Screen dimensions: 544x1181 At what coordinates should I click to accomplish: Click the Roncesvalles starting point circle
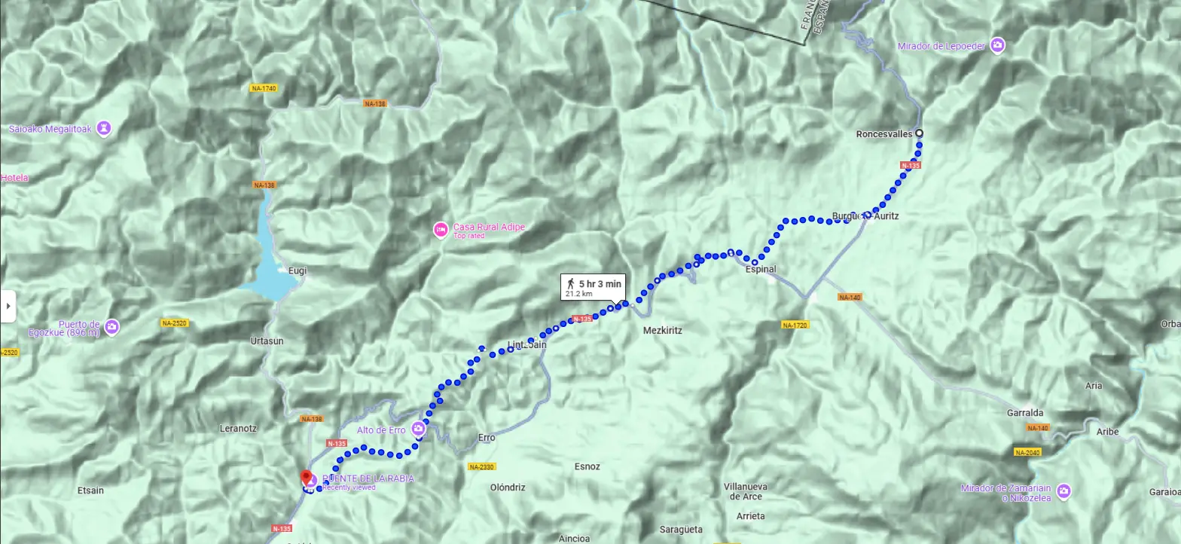pyautogui.click(x=919, y=134)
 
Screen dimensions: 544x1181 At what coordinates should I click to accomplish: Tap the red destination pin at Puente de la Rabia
pyautogui.click(x=307, y=478)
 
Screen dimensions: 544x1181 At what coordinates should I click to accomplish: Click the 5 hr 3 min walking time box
pyautogui.click(x=593, y=287)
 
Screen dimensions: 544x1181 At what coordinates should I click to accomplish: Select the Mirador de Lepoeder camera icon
pyautogui.click(x=998, y=46)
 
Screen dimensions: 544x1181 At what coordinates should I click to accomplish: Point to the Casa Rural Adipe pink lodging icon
pyautogui.click(x=441, y=230)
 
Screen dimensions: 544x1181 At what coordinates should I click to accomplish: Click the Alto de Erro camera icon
pyautogui.click(x=419, y=429)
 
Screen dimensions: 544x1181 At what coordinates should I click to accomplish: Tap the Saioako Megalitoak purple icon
pyautogui.click(x=104, y=129)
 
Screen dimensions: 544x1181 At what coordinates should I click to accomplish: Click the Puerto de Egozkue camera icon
pyautogui.click(x=111, y=327)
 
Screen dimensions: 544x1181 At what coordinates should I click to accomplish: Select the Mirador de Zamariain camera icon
pyautogui.click(x=1063, y=491)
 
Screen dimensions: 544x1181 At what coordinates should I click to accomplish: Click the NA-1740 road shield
pyautogui.click(x=263, y=88)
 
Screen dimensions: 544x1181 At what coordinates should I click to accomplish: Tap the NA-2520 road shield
pyautogui.click(x=174, y=323)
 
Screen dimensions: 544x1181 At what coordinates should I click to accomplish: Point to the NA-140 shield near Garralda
pyautogui.click(x=1037, y=428)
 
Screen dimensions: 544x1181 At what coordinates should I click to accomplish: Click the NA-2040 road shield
pyautogui.click(x=1027, y=453)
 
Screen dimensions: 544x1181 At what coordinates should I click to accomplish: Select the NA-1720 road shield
pyautogui.click(x=795, y=325)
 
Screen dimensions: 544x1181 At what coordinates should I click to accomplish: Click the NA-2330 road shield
pyautogui.click(x=481, y=467)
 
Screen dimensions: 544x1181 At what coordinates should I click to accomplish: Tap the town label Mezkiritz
pyautogui.click(x=662, y=330)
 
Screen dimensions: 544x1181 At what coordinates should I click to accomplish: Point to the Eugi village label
pyautogui.click(x=297, y=270)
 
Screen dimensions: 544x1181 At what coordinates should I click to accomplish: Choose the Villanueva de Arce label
pyautogui.click(x=743, y=491)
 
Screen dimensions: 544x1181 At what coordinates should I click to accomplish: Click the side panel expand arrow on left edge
pyautogui.click(x=8, y=306)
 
